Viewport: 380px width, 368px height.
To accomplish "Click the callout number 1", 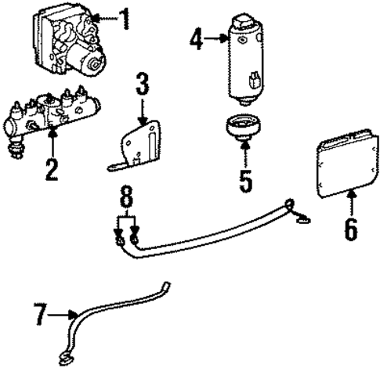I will (122, 17).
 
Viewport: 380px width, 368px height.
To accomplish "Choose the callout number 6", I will (350, 228).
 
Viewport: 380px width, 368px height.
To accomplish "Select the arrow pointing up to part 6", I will (350, 205).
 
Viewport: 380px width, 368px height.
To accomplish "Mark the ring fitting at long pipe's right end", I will (293, 207).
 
